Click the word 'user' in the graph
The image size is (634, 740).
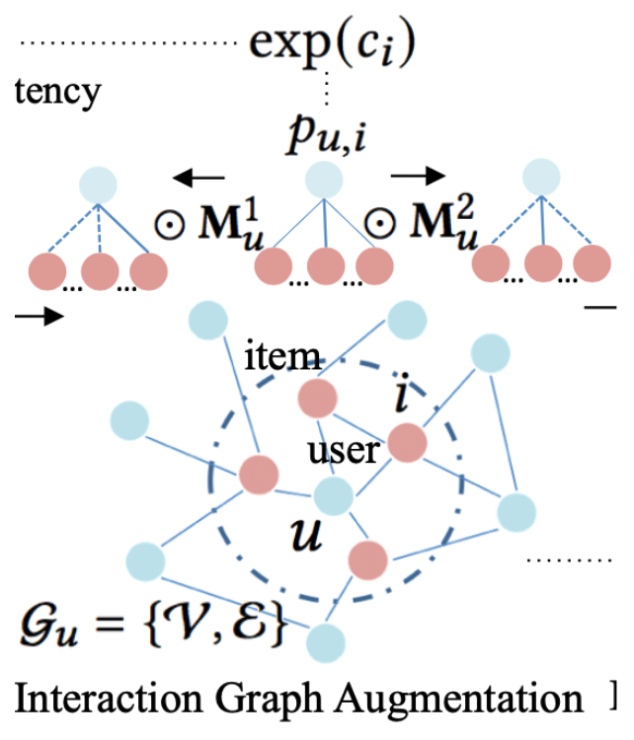tap(344, 452)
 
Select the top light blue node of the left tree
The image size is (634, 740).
tap(99, 186)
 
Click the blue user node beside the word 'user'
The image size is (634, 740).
tap(334, 496)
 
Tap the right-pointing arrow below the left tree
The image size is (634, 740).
tap(39, 317)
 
